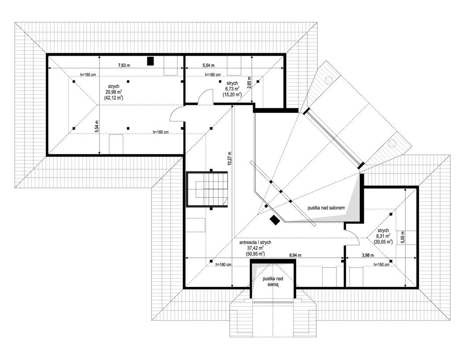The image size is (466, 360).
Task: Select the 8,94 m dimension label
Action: tap(296, 255)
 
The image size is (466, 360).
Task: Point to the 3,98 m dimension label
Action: tap(368, 255)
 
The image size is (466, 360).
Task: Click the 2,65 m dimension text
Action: tap(249, 82)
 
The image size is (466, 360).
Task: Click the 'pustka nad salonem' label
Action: tap(326, 208)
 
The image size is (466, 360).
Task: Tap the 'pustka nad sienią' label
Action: tap(273, 282)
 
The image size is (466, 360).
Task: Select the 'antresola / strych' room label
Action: tap(255, 243)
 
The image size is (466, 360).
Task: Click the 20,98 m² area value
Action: tap(114, 92)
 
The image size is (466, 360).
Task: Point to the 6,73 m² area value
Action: tap(232, 89)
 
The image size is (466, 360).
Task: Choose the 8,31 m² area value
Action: tap(383, 236)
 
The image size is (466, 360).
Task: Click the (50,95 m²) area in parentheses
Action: tap(255, 253)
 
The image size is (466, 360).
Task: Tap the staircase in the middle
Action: tap(207, 189)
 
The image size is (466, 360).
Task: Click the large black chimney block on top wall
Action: tap(151, 61)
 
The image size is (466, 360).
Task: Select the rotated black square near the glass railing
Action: tap(274, 220)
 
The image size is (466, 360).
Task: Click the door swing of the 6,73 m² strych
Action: tap(205, 97)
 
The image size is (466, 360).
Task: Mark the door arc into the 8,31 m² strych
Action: tap(352, 238)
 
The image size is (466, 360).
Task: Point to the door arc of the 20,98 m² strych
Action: tap(177, 114)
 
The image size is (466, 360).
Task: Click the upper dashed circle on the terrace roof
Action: tap(329, 80)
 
